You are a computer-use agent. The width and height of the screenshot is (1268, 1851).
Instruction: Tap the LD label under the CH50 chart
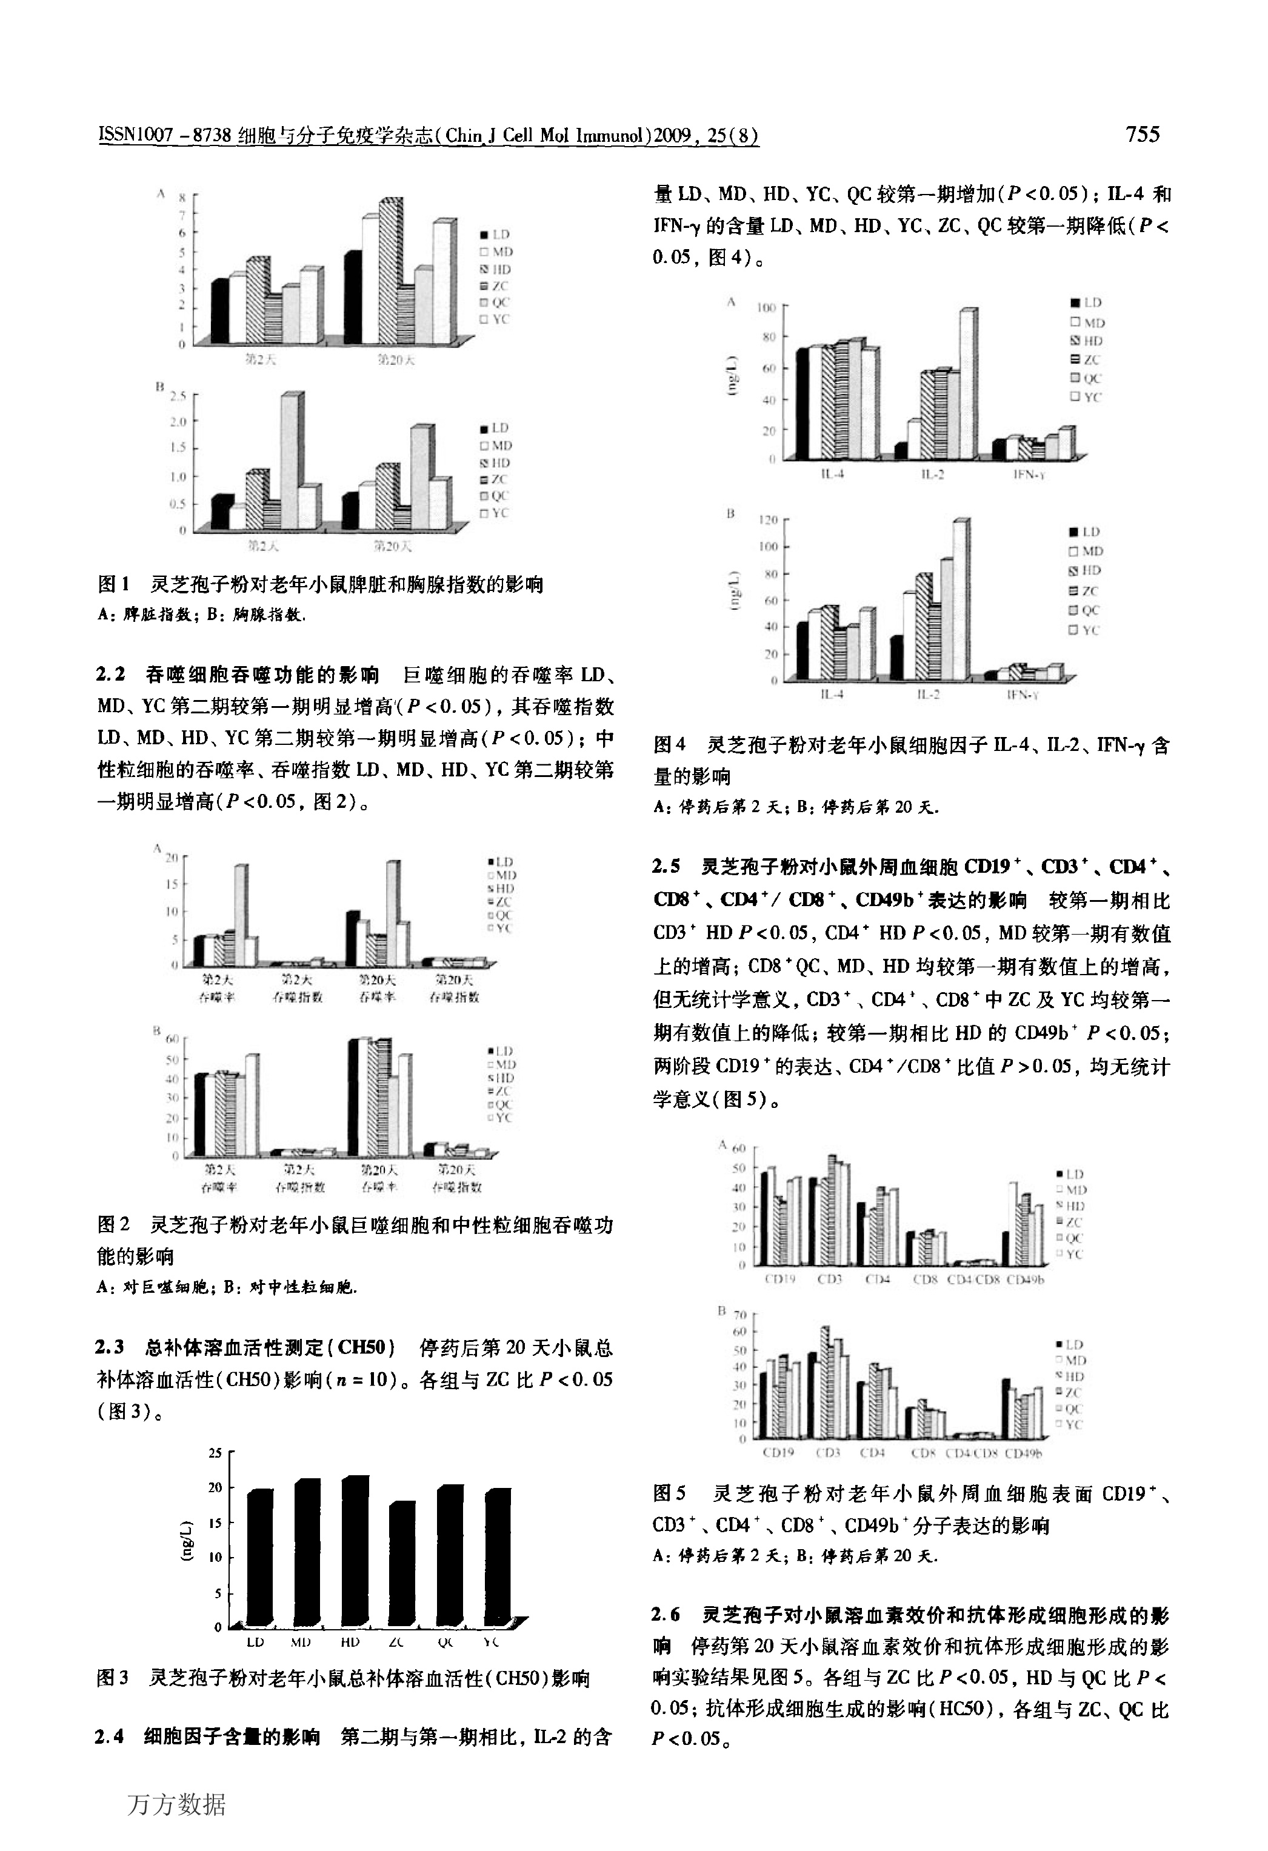click(255, 1643)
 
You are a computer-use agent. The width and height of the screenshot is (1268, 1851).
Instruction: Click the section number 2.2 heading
click(112, 675)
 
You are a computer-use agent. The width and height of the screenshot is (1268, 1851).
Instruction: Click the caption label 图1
click(113, 585)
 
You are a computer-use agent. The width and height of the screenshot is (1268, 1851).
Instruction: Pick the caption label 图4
click(669, 745)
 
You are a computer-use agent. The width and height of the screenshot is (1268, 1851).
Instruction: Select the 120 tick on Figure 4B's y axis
click(767, 520)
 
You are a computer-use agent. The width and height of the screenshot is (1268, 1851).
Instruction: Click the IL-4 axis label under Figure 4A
click(832, 475)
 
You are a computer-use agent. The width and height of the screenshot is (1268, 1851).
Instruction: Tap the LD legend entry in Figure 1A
click(495, 234)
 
